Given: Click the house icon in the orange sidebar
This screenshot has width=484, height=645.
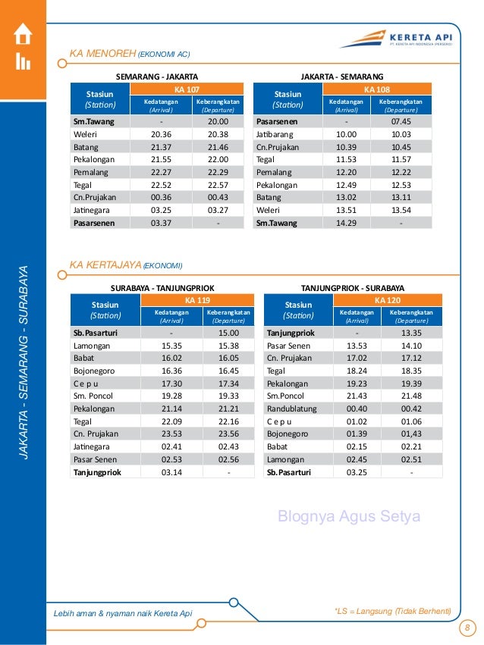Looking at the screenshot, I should pyautogui.click(x=23, y=34).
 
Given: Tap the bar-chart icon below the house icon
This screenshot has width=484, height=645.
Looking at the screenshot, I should pyautogui.click(x=23, y=62).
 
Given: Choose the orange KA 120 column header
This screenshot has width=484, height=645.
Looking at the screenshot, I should pyautogui.click(x=391, y=300).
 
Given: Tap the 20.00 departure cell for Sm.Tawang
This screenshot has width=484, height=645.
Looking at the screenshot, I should pyautogui.click(x=218, y=121).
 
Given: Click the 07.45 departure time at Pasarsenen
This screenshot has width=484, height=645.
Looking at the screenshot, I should pyautogui.click(x=401, y=121).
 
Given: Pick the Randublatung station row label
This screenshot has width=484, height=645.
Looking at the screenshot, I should pyautogui.click(x=293, y=408).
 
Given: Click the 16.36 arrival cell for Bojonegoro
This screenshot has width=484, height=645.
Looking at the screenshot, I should pyautogui.click(x=171, y=371).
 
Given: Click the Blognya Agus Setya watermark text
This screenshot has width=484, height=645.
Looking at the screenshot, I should pyautogui.click(x=349, y=517).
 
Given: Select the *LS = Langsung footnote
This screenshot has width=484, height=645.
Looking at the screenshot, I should pyautogui.click(x=392, y=611).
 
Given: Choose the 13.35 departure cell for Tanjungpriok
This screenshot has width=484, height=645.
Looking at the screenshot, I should pyautogui.click(x=411, y=333).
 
